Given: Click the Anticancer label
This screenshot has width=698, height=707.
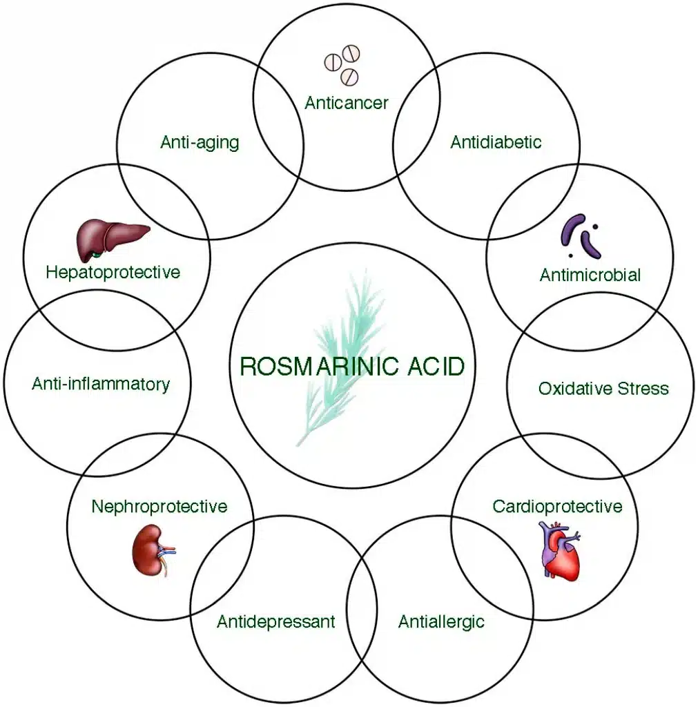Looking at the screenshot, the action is pyautogui.click(x=347, y=103).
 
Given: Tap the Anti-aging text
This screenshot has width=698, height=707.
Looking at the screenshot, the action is pyautogui.click(x=200, y=142).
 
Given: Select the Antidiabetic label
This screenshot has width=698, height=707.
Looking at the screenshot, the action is pyautogui.click(x=496, y=142).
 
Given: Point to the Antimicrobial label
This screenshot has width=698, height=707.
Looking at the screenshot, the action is pyautogui.click(x=590, y=275).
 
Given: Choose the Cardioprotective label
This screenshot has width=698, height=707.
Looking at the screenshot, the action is pyautogui.click(x=557, y=506).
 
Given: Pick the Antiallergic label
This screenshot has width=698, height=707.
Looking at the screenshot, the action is pyautogui.click(x=441, y=622).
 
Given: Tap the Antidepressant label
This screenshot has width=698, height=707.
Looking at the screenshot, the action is pyautogui.click(x=276, y=622).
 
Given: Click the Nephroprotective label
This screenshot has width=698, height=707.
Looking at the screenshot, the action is pyautogui.click(x=159, y=506).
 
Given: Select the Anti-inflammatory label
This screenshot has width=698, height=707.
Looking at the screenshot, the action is pyautogui.click(x=101, y=384).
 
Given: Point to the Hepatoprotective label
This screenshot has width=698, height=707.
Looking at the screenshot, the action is pyautogui.click(x=113, y=272).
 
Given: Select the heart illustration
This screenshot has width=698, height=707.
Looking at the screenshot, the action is pyautogui.click(x=559, y=550).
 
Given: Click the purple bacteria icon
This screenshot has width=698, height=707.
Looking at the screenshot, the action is pyautogui.click(x=581, y=236).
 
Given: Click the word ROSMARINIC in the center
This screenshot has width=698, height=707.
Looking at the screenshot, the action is pyautogui.click(x=320, y=366).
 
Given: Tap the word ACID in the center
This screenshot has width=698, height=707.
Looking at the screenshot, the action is pyautogui.click(x=436, y=366).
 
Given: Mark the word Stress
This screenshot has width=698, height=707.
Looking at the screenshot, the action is pyautogui.click(x=643, y=388).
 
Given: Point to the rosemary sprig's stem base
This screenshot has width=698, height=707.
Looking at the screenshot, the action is pyautogui.click(x=298, y=444).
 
